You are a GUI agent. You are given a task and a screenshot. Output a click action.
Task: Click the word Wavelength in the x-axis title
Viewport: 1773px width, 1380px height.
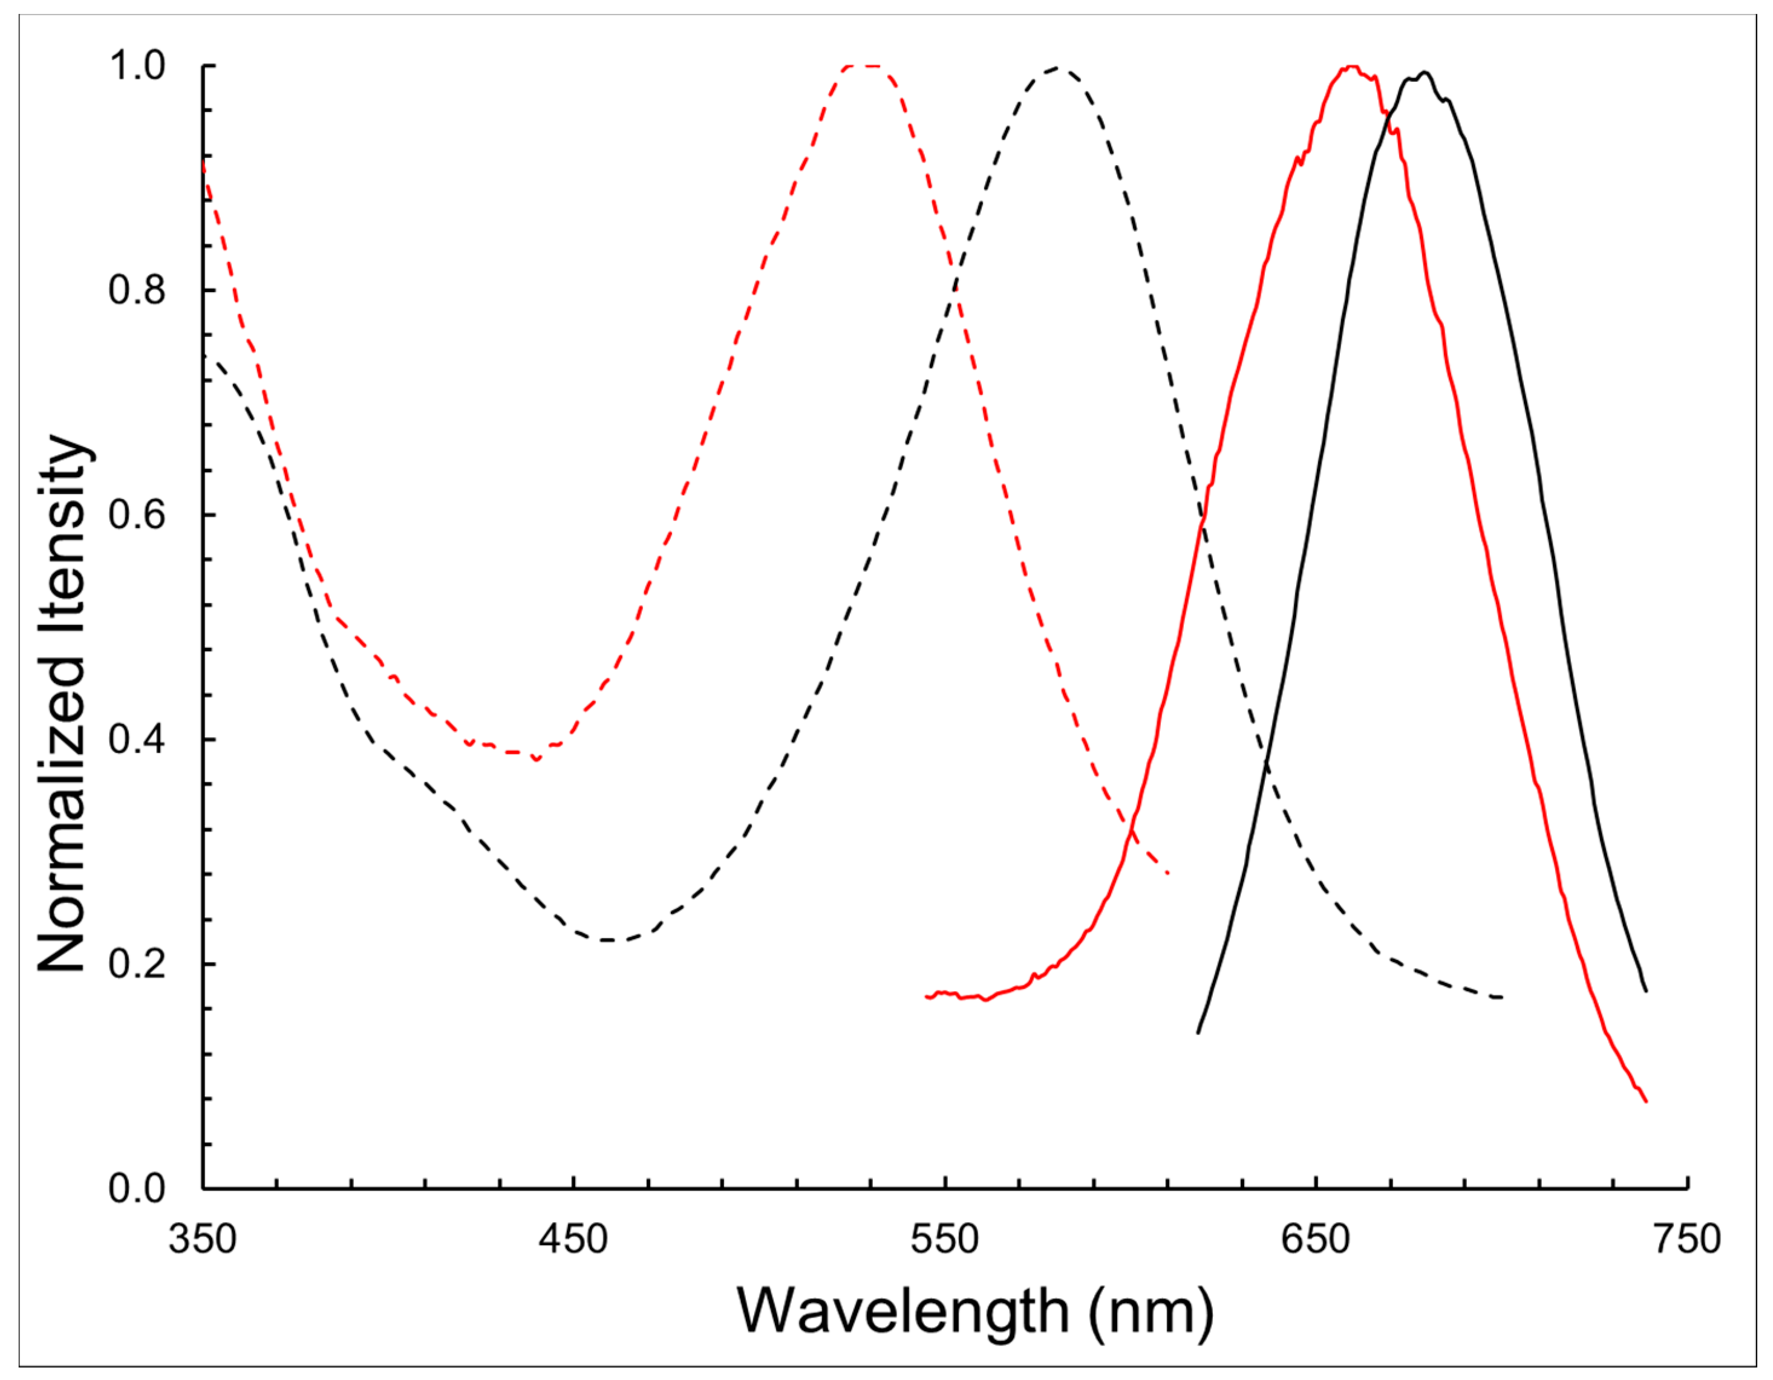(x=902, y=1312)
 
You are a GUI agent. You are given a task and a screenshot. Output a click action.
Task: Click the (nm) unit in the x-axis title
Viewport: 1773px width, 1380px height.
(x=1151, y=1312)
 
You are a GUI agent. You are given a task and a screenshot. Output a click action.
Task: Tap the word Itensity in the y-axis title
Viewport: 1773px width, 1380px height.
(x=62, y=532)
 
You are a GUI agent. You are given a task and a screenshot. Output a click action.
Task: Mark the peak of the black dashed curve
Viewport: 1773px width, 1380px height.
(x=1056, y=68)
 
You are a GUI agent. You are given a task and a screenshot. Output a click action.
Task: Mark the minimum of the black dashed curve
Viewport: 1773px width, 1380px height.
(x=607, y=940)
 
